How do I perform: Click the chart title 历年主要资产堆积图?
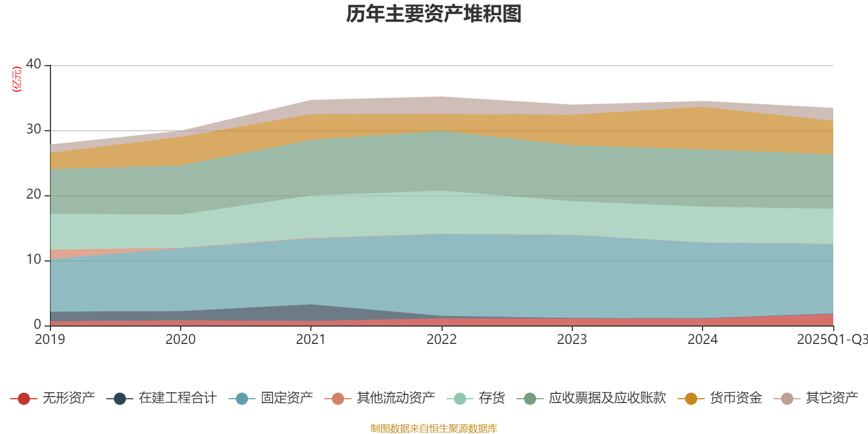(434, 14)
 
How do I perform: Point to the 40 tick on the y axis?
(34, 64)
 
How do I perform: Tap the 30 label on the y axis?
(34, 129)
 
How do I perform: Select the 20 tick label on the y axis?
(34, 194)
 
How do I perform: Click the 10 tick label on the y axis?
(34, 259)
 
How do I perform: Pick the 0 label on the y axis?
(37, 324)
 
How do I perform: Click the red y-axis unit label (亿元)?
(17, 79)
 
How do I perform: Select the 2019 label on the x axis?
(50, 340)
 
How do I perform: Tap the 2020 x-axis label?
(181, 340)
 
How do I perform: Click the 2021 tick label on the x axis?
(311, 340)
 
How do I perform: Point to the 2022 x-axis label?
(442, 340)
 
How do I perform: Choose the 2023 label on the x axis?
(572, 340)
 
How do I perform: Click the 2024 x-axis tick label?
(703, 340)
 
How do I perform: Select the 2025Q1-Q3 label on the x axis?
(831, 340)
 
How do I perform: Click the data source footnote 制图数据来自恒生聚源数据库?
(434, 429)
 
